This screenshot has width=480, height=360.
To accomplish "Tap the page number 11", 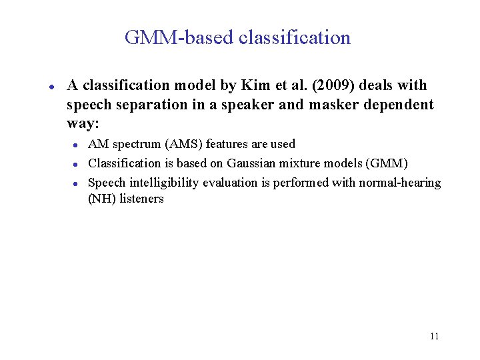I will point(434,336).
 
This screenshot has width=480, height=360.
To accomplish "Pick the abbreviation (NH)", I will point(102,199).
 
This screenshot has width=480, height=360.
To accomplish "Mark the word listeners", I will point(141,199).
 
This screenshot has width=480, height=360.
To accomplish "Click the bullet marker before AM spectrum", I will point(77,145).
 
